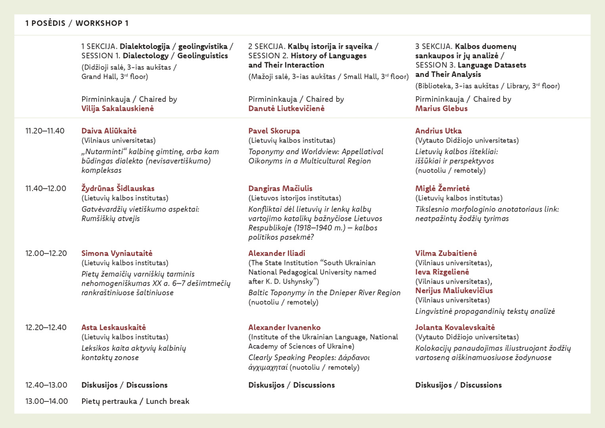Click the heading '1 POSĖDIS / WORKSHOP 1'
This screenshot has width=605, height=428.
pos(77,23)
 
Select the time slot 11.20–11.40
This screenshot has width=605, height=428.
pos(45,131)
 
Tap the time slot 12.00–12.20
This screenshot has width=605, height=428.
pos(46,253)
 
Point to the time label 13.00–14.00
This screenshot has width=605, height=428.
pos(46,401)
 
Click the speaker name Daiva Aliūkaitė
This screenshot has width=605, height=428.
pos(109,131)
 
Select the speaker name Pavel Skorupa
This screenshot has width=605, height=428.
pos(274,131)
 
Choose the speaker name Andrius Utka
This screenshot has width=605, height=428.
pos(438,131)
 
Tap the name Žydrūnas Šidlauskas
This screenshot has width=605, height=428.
pos(118,188)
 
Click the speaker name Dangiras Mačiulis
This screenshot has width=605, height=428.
pos(280,188)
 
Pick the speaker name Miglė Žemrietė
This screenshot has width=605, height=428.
pos(442,188)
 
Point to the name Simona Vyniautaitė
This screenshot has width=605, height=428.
pos(117,253)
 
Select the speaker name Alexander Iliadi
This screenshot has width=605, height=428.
pos(277,253)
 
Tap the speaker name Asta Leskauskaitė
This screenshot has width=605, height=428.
pos(113,327)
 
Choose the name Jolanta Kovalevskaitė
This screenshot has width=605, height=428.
pos(455,327)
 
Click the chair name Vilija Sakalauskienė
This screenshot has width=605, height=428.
pos(117,109)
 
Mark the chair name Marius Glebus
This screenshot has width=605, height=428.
pos(441,109)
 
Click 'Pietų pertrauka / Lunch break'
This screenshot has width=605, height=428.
pos(135,401)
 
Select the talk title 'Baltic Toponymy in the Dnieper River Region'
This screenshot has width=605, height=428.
pos(324,292)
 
